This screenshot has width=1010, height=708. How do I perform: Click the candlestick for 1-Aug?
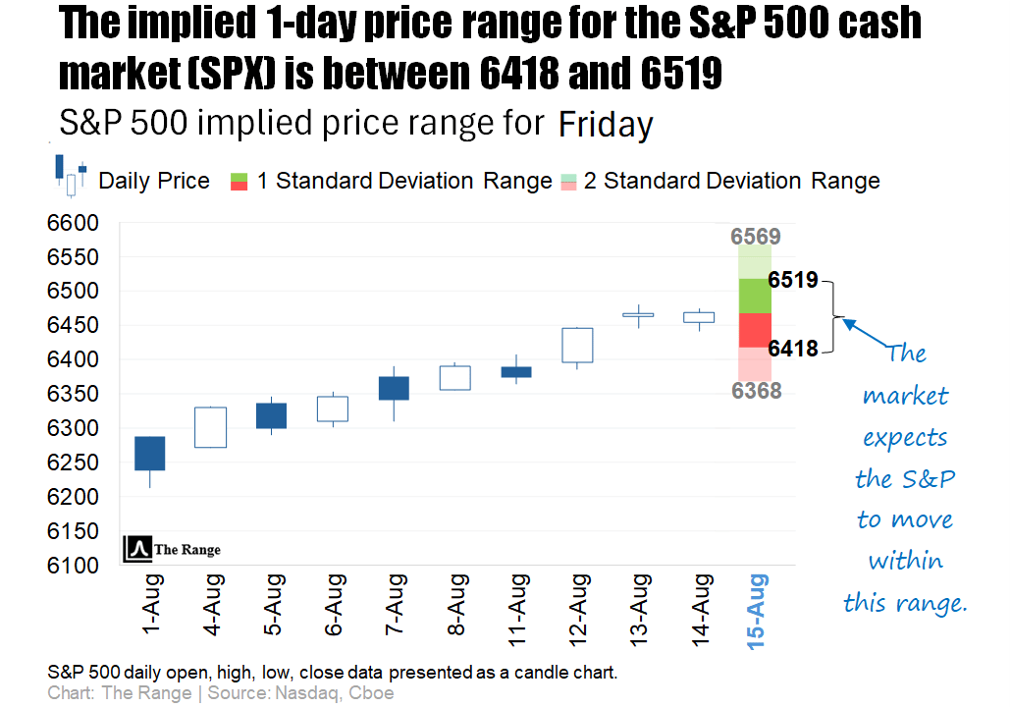tap(150, 454)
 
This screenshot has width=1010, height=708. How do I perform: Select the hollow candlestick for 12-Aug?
tap(577, 345)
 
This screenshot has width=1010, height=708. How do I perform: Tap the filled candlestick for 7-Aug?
tap(394, 388)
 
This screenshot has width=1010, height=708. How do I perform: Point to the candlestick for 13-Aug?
tap(638, 315)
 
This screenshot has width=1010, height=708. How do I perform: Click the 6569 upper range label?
tap(755, 237)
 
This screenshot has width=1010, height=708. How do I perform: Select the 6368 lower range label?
tap(755, 391)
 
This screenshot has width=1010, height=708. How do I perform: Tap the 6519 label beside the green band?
tap(792, 281)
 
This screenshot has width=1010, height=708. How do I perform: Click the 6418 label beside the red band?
tap(792, 348)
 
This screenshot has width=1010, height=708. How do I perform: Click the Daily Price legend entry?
tap(154, 181)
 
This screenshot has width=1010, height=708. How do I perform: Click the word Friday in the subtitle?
tap(606, 126)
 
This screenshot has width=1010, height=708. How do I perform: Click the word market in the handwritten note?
tap(905, 396)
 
